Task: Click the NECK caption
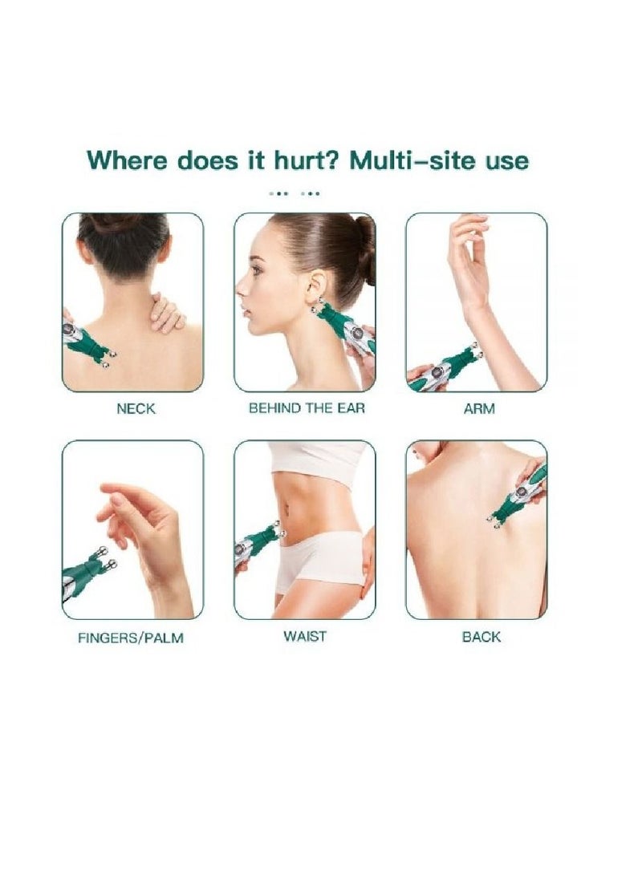click(136, 409)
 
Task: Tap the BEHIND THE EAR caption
click(307, 408)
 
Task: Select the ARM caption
click(479, 409)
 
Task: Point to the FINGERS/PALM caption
click(131, 639)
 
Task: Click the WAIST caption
click(305, 637)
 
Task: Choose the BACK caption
click(481, 638)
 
